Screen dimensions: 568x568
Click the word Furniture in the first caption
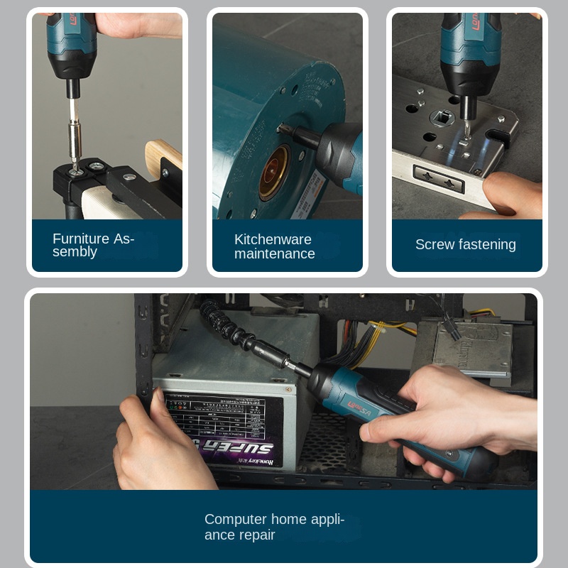coord(80,239)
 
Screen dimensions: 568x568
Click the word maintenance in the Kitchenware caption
coord(275,253)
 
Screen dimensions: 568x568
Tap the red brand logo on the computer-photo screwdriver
coord(359,403)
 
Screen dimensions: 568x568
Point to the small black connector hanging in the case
coord(449,327)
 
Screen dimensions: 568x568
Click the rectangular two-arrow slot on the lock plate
coord(439,179)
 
